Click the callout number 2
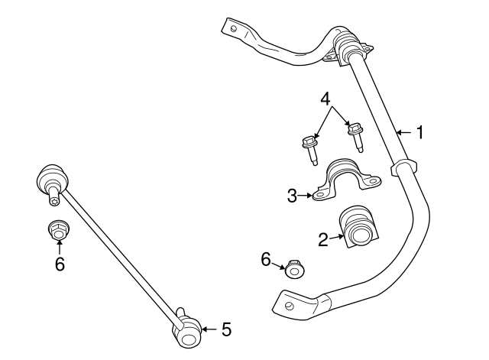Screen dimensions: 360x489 (323, 240)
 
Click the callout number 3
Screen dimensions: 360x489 (292, 196)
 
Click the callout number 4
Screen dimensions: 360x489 (325, 99)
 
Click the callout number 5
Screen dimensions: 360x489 (225, 329)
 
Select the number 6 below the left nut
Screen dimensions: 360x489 (59, 264)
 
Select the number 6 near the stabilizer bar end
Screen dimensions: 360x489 (267, 260)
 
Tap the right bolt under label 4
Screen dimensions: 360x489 (355, 135)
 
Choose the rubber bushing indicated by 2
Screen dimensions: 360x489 (359, 227)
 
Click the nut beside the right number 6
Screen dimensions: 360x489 (293, 271)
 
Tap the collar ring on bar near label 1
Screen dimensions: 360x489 (404, 167)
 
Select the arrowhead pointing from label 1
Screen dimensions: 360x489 (399, 133)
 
